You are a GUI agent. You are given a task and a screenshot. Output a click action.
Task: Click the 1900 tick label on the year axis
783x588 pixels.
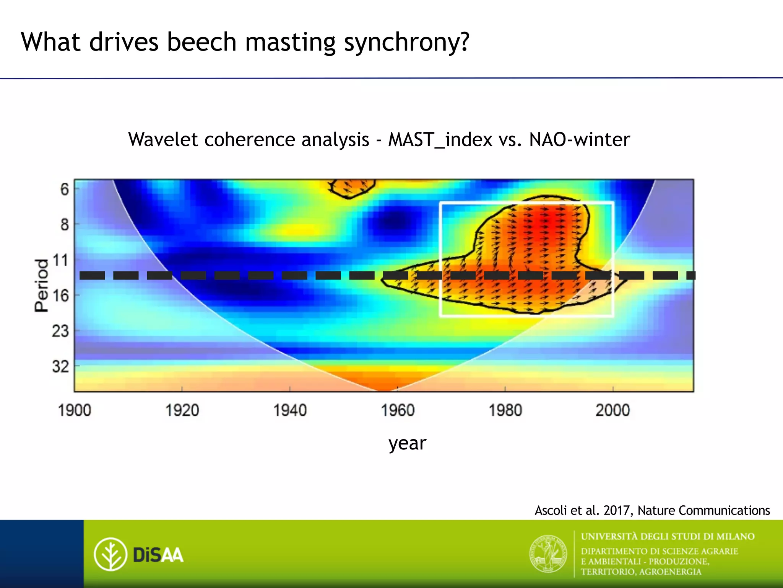tap(75, 411)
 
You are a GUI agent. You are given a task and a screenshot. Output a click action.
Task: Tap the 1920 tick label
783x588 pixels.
tap(182, 411)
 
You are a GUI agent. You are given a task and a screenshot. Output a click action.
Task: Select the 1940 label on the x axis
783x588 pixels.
tap(290, 411)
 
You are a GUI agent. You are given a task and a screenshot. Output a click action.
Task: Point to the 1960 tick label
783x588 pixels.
tap(398, 411)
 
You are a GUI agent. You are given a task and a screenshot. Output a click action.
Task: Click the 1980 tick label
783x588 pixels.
tap(505, 411)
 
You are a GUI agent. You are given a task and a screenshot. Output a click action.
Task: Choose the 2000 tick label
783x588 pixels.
tap(613, 411)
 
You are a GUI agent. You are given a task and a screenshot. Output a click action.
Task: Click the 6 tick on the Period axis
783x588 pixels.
tap(65, 189)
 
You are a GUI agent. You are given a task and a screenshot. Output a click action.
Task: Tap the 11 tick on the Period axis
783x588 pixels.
tap(60, 261)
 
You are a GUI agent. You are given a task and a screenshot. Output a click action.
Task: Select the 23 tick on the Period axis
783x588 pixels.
tap(60, 331)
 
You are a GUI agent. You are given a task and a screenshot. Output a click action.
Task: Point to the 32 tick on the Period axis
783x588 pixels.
tap(60, 367)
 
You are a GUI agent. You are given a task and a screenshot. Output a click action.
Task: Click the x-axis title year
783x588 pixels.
tap(407, 443)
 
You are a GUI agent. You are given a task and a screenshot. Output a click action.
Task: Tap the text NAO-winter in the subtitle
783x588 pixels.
tap(579, 139)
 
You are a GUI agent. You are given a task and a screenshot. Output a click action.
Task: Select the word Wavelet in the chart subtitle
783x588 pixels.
tap(163, 139)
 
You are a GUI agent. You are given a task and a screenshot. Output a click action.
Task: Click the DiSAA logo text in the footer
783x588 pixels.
tap(158, 555)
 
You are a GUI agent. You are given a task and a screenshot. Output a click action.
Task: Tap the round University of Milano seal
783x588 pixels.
tap(548, 554)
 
